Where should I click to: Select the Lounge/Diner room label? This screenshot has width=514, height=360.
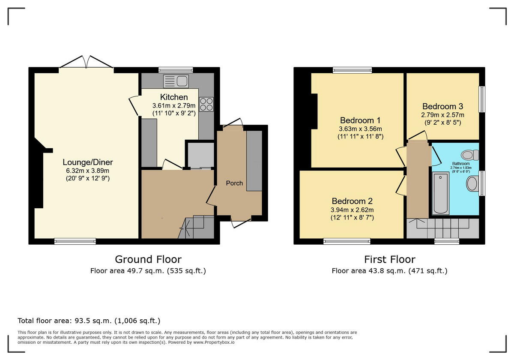pyautogui.click(x=87, y=162)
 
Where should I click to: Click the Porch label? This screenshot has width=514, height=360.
pyautogui.click(x=234, y=183)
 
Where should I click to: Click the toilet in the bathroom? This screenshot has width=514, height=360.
pyautogui.click(x=470, y=155)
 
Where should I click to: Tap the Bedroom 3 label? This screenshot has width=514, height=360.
pyautogui.click(x=442, y=106)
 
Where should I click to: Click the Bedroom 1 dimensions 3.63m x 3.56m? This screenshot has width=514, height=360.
pyautogui.click(x=360, y=129)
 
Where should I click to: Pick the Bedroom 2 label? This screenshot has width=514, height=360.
pyautogui.click(x=352, y=201)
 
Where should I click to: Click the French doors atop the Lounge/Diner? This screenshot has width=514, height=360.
pyautogui.click(x=87, y=63)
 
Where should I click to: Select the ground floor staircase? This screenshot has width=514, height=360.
pyautogui.click(x=197, y=227)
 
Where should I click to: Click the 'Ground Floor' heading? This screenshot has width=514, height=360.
pyautogui.click(x=148, y=259)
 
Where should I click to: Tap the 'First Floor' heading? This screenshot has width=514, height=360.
pyautogui.click(x=389, y=259)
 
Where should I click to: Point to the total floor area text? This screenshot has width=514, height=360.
pyautogui.click(x=89, y=321)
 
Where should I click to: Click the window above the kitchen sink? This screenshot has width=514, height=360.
pyautogui.click(x=176, y=70)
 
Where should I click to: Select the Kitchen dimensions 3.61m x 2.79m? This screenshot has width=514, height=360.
pyautogui.click(x=174, y=105)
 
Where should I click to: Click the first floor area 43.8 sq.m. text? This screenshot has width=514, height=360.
pyautogui.click(x=389, y=271)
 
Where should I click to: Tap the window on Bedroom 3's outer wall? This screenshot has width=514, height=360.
pyautogui.click(x=482, y=99)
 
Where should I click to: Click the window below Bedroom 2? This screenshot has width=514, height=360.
pyautogui.click(x=347, y=241)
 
